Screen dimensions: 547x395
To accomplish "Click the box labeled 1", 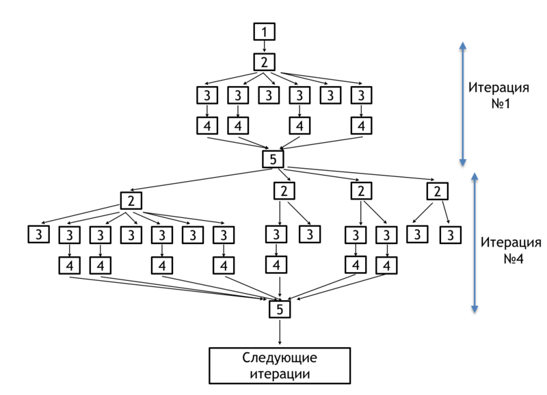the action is point(264,31).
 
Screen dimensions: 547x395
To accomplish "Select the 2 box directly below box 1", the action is point(264,62).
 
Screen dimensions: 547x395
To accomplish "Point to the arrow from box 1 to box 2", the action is point(264,46).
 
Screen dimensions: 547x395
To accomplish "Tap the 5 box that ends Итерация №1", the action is point(273,159).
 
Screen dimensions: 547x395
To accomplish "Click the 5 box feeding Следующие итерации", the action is point(280,309).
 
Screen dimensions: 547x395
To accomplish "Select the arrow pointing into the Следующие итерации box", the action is point(280,332).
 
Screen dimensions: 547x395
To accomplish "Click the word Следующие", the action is point(280,358).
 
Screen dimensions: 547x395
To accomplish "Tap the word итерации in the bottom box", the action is point(280,374).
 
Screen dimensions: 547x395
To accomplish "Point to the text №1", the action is point(501,104).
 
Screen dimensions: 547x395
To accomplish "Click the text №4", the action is point(513,259).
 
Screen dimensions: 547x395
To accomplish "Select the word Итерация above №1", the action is point(498,87).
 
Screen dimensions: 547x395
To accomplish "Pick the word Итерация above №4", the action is point(511,243).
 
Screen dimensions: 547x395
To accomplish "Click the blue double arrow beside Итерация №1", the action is point(463,104).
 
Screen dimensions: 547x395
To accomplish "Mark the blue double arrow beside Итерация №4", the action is point(475,243).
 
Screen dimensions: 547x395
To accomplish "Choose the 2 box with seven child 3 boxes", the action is point(131,201).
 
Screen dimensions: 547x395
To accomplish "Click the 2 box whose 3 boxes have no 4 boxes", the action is point(437,191).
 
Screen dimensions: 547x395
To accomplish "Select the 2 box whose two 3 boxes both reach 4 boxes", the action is point(361,191).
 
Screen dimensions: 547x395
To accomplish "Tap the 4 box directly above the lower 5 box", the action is point(276,265).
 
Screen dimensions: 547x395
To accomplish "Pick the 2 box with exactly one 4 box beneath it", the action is point(284,191).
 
